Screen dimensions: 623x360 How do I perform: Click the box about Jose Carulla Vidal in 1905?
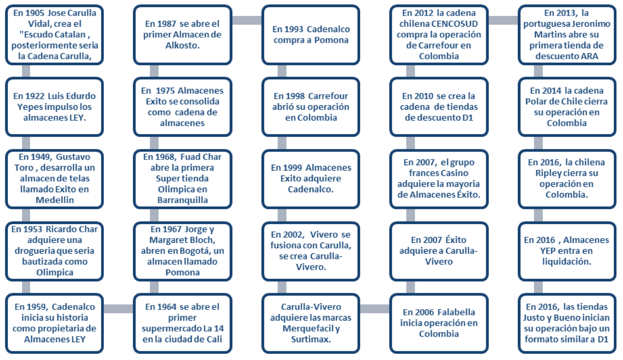pos(55,35)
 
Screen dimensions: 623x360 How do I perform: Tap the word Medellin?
pos(55,200)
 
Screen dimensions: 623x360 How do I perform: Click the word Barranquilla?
pos(183,200)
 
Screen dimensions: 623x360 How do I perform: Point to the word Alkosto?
pos(183,45)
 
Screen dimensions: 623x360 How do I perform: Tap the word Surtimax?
pos(311,339)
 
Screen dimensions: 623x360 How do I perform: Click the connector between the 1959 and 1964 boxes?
pos(119,308)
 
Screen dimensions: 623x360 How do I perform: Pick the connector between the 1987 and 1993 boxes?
pos(247,20)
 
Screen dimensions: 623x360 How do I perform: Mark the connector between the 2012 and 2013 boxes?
pos(503,20)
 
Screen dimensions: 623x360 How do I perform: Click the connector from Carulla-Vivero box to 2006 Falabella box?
pos(375,308)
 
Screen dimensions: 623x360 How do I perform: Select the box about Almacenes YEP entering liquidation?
pos(567,251)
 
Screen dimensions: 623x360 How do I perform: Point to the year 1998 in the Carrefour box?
pos(293,96)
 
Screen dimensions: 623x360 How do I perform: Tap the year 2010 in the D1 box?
pos(422,96)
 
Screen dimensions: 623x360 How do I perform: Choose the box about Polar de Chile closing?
pos(567,107)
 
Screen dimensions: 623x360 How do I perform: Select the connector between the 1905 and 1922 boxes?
pos(26,71)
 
